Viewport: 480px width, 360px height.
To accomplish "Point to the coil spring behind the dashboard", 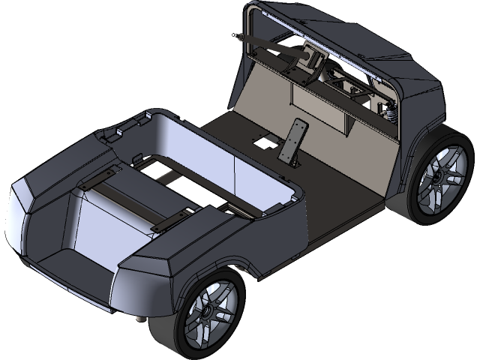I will click(x=390, y=113).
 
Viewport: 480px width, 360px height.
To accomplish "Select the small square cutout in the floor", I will click(x=264, y=140).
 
